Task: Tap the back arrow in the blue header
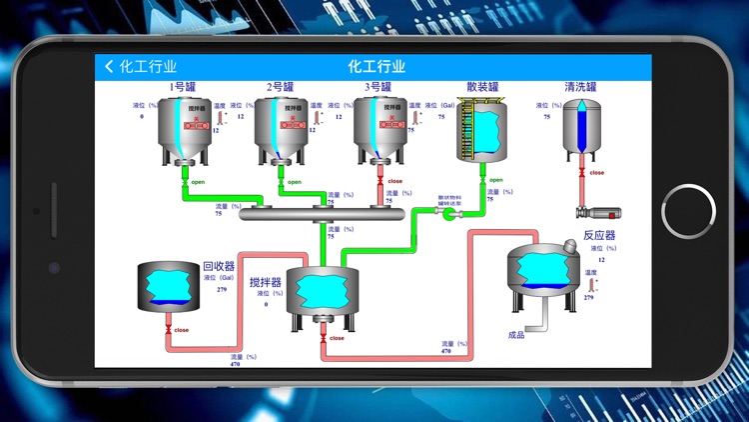pyautogui.click(x=109, y=67)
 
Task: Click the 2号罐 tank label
pyautogui.click(x=281, y=87)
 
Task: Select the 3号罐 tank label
pyautogui.click(x=378, y=87)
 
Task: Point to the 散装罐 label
pyautogui.click(x=482, y=87)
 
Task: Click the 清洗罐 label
pyautogui.click(x=580, y=87)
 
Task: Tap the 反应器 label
pyautogui.click(x=599, y=236)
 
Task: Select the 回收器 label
pyautogui.click(x=219, y=266)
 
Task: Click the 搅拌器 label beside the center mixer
pyautogui.click(x=265, y=282)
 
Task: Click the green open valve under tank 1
pyautogui.click(x=184, y=183)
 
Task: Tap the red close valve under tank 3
pyautogui.click(x=379, y=183)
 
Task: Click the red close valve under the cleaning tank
pyautogui.click(x=581, y=173)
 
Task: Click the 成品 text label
pyautogui.click(x=516, y=335)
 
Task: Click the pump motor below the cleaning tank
pyautogui.click(x=599, y=212)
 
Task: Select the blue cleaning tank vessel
pyautogui.click(x=581, y=127)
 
